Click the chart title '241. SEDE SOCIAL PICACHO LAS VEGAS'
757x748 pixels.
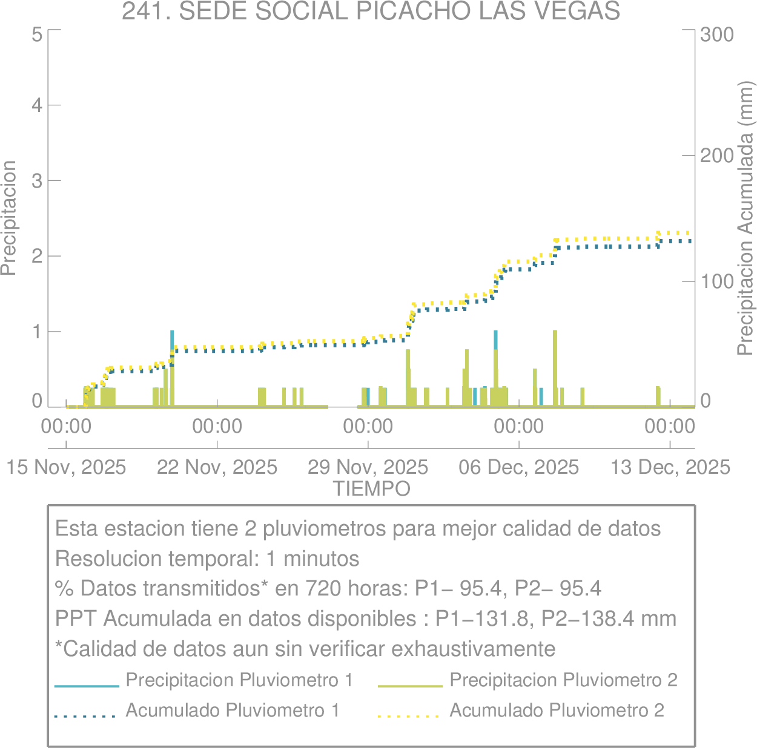click(x=371, y=11)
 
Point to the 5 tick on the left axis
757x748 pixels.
click(x=37, y=34)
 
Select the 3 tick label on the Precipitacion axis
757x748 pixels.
click(x=37, y=181)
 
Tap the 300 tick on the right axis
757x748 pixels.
click(x=717, y=34)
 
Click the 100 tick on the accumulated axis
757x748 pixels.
click(x=717, y=281)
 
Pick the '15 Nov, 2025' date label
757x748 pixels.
click(x=66, y=467)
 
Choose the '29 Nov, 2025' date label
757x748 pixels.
click(x=368, y=467)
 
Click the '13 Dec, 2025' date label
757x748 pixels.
click(x=670, y=467)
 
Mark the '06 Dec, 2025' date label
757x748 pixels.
click(x=519, y=467)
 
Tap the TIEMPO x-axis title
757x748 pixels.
click(x=371, y=488)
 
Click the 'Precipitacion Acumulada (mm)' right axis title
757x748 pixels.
click(x=745, y=219)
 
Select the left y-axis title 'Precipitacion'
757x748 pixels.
click(x=8, y=218)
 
